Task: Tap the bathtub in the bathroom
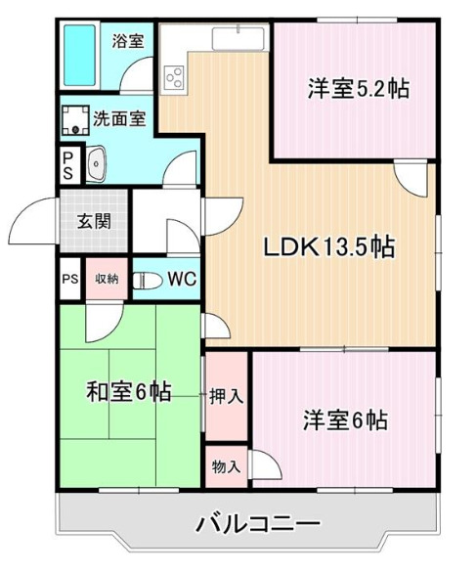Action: pos(79,56)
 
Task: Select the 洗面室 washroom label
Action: pos(119,119)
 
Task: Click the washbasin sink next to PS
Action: pos(95,164)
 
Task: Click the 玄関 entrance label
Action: pos(93,219)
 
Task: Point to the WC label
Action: pos(181,279)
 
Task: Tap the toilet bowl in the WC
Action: pos(147,280)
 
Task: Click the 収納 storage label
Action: pos(106,279)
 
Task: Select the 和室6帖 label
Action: pos(129,393)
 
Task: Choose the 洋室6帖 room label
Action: pos(343,420)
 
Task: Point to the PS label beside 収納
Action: pos(69,279)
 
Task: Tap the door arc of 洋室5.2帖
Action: pos(411,176)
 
